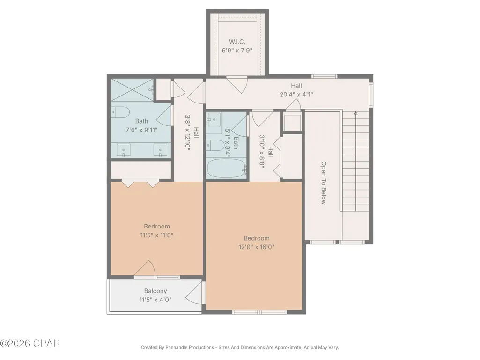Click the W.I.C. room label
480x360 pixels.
pyautogui.click(x=237, y=42)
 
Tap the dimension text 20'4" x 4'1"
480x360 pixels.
pyautogui.click(x=296, y=95)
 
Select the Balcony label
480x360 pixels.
pyautogui.click(x=155, y=291)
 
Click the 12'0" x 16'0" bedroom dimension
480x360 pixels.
pyautogui.click(x=257, y=247)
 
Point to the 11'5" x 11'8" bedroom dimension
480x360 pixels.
pyautogui.click(x=157, y=235)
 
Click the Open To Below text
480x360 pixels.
pyautogui.click(x=324, y=183)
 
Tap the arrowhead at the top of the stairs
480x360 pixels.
pyautogui.click(x=356, y=113)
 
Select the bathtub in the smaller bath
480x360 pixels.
pyautogui.click(x=227, y=168)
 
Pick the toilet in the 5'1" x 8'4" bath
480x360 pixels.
pyautogui.click(x=215, y=146)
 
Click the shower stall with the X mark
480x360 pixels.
pyautogui.click(x=132, y=90)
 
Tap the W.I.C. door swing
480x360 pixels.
pyautogui.click(x=237, y=84)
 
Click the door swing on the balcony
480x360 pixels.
pyautogui.click(x=194, y=293)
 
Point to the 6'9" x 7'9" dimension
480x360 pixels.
pyautogui.click(x=237, y=50)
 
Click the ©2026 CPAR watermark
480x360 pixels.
pyautogui.click(x=30, y=344)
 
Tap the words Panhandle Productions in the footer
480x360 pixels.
pyautogui.click(x=190, y=347)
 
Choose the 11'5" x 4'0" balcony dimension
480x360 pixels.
pyautogui.click(x=155, y=300)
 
